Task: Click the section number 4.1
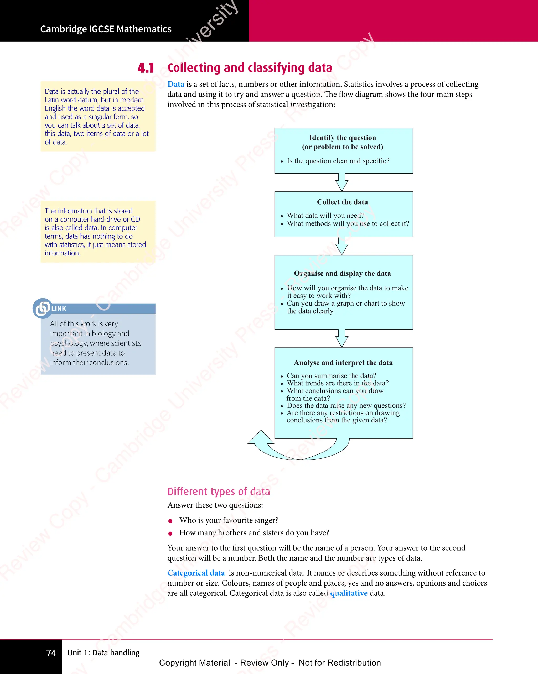(x=146, y=68)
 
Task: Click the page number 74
(x=51, y=653)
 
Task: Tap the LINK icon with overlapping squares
(x=43, y=308)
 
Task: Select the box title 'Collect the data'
(x=342, y=202)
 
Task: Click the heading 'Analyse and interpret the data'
(x=343, y=363)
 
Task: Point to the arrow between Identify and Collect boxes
(x=342, y=182)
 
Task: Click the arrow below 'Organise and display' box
(x=342, y=338)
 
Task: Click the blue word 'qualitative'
(x=349, y=593)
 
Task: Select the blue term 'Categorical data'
(x=196, y=573)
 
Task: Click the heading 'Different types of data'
(x=219, y=492)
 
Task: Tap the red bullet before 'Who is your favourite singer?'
(x=170, y=521)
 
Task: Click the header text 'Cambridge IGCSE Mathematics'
(x=106, y=29)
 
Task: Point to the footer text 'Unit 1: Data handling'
(x=104, y=653)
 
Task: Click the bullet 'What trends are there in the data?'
(x=338, y=383)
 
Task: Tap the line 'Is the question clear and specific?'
(x=338, y=161)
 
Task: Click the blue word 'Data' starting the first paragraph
(x=176, y=84)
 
